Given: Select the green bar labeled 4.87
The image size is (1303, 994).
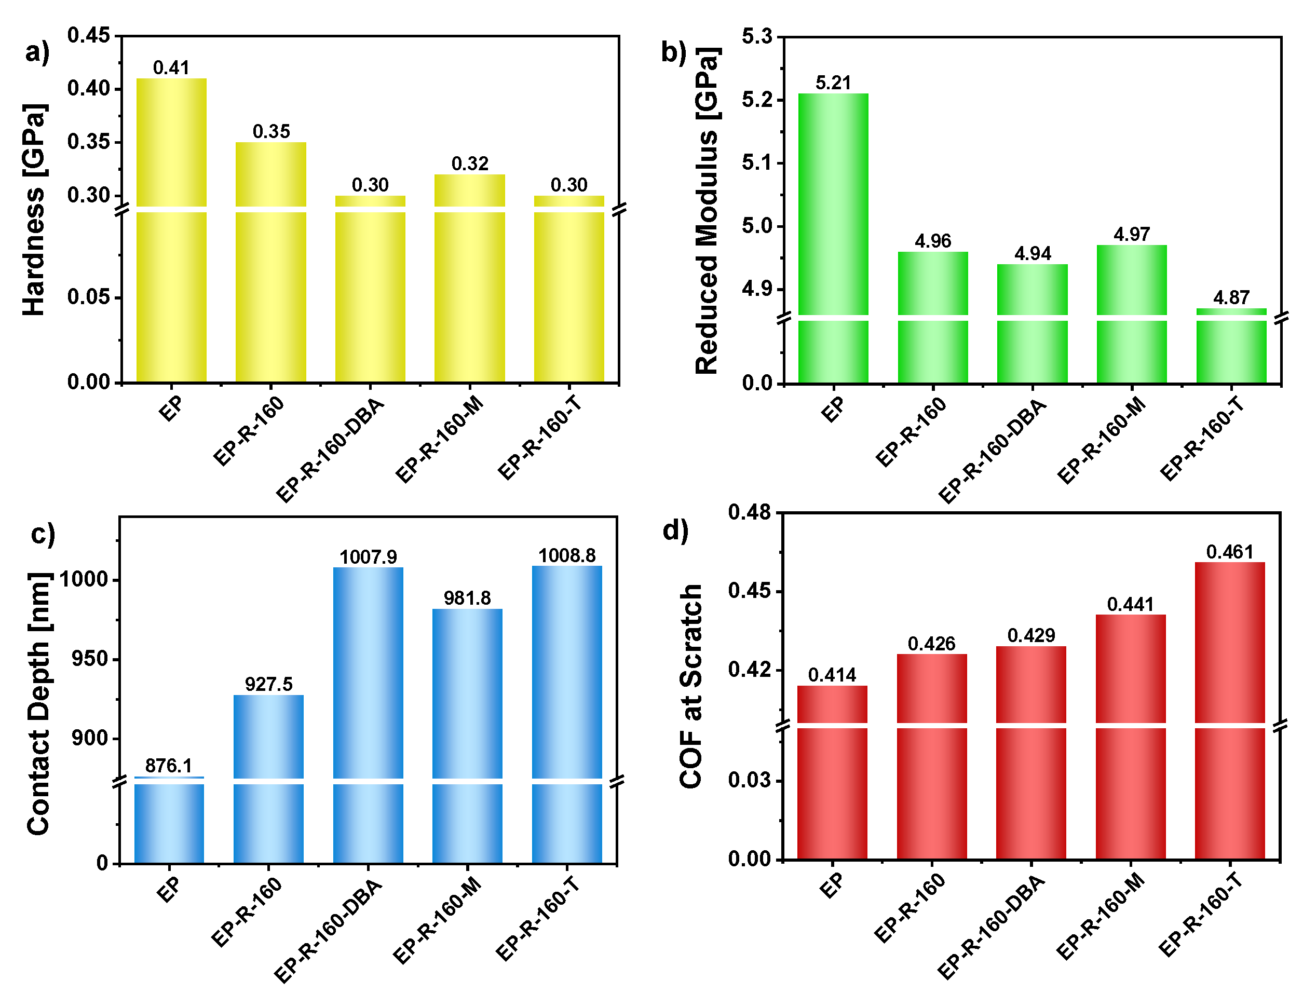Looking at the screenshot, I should tap(1231, 349).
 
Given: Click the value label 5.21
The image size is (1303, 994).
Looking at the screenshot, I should tap(833, 83).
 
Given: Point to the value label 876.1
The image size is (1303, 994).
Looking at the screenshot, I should tap(169, 766).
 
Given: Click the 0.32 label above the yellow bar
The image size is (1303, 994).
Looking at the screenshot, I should tap(469, 164).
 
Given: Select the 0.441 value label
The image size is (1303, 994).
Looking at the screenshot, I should tap(1130, 604).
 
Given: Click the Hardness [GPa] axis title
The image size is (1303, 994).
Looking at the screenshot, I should tap(34, 210).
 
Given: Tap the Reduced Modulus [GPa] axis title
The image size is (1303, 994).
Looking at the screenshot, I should tap(707, 210).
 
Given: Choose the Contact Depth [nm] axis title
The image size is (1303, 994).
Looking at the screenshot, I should tap(39, 704).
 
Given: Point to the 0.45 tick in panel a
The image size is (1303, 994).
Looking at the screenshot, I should tap(88, 35).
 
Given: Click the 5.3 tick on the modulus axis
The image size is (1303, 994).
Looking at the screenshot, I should tap(757, 37).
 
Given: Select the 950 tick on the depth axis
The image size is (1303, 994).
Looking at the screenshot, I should tap(90, 659).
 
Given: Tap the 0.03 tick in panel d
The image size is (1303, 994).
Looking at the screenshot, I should tap(749, 780).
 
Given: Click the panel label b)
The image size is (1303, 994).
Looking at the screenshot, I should tap(673, 52).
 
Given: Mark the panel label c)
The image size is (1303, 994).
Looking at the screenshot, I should tap(43, 534).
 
